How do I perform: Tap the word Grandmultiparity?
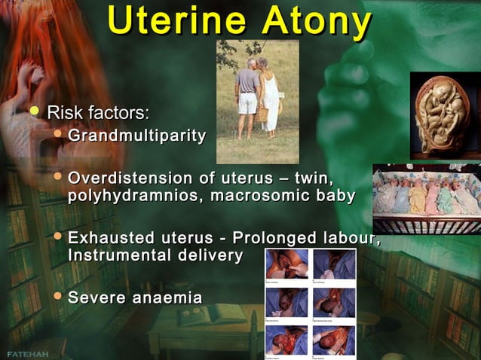pos(137,136)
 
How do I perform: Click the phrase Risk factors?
pos(98,113)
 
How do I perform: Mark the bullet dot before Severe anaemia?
pos(58,297)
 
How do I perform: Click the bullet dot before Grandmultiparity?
pos(58,136)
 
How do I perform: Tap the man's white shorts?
pos(247,103)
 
